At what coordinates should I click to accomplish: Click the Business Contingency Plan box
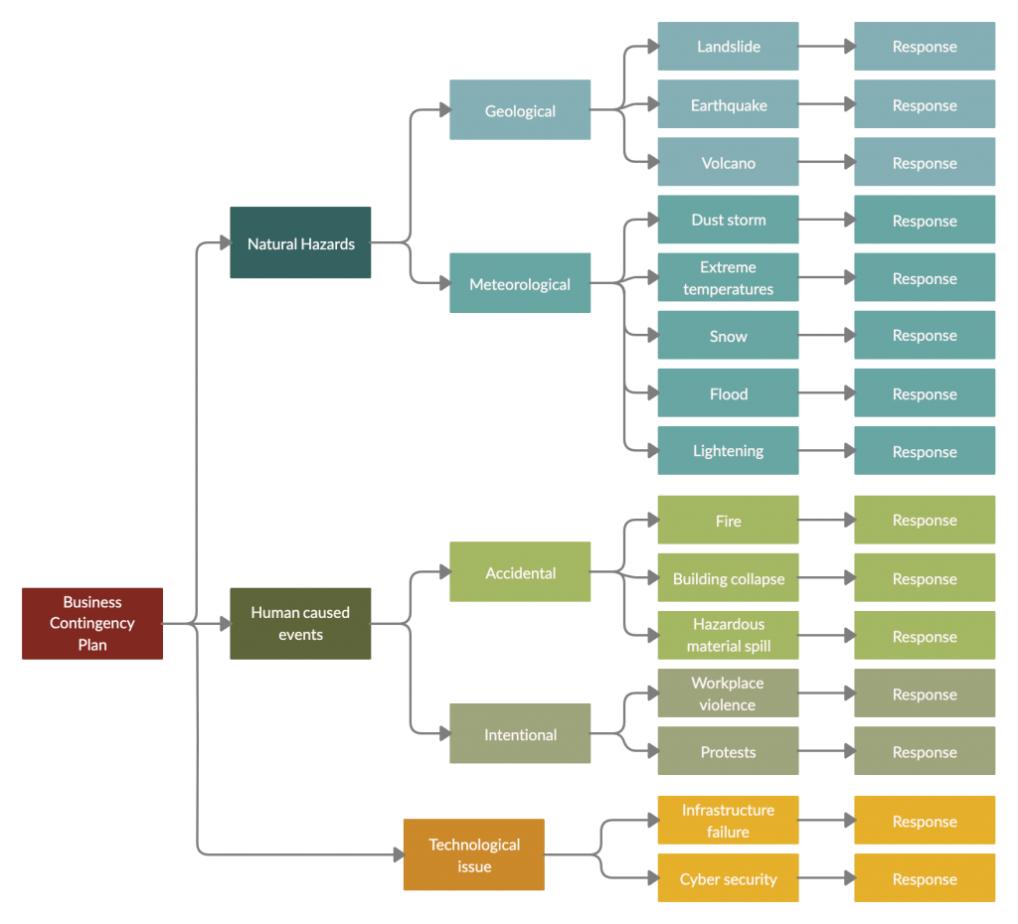click(92, 623)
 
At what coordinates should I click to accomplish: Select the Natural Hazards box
click(300, 243)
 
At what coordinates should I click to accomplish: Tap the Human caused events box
click(300, 623)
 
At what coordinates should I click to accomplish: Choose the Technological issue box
click(473, 854)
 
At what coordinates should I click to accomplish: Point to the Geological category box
click(520, 110)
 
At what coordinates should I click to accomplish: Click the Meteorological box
click(520, 283)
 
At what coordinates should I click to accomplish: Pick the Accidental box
click(520, 572)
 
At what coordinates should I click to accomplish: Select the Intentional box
click(520, 734)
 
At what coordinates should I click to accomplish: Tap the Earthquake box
click(728, 104)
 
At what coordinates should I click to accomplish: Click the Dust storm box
click(728, 220)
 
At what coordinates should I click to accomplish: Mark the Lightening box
click(728, 450)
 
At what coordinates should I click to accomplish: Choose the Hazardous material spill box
click(728, 635)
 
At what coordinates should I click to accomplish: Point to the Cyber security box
click(728, 878)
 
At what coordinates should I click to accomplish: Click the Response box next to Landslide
click(925, 47)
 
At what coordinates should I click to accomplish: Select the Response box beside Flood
click(925, 393)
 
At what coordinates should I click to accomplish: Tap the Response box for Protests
click(925, 751)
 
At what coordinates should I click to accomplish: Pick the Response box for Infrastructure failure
click(925, 821)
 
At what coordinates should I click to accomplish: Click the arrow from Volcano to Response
click(826, 163)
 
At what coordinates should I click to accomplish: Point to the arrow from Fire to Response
click(826, 520)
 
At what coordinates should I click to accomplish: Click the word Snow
click(728, 336)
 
